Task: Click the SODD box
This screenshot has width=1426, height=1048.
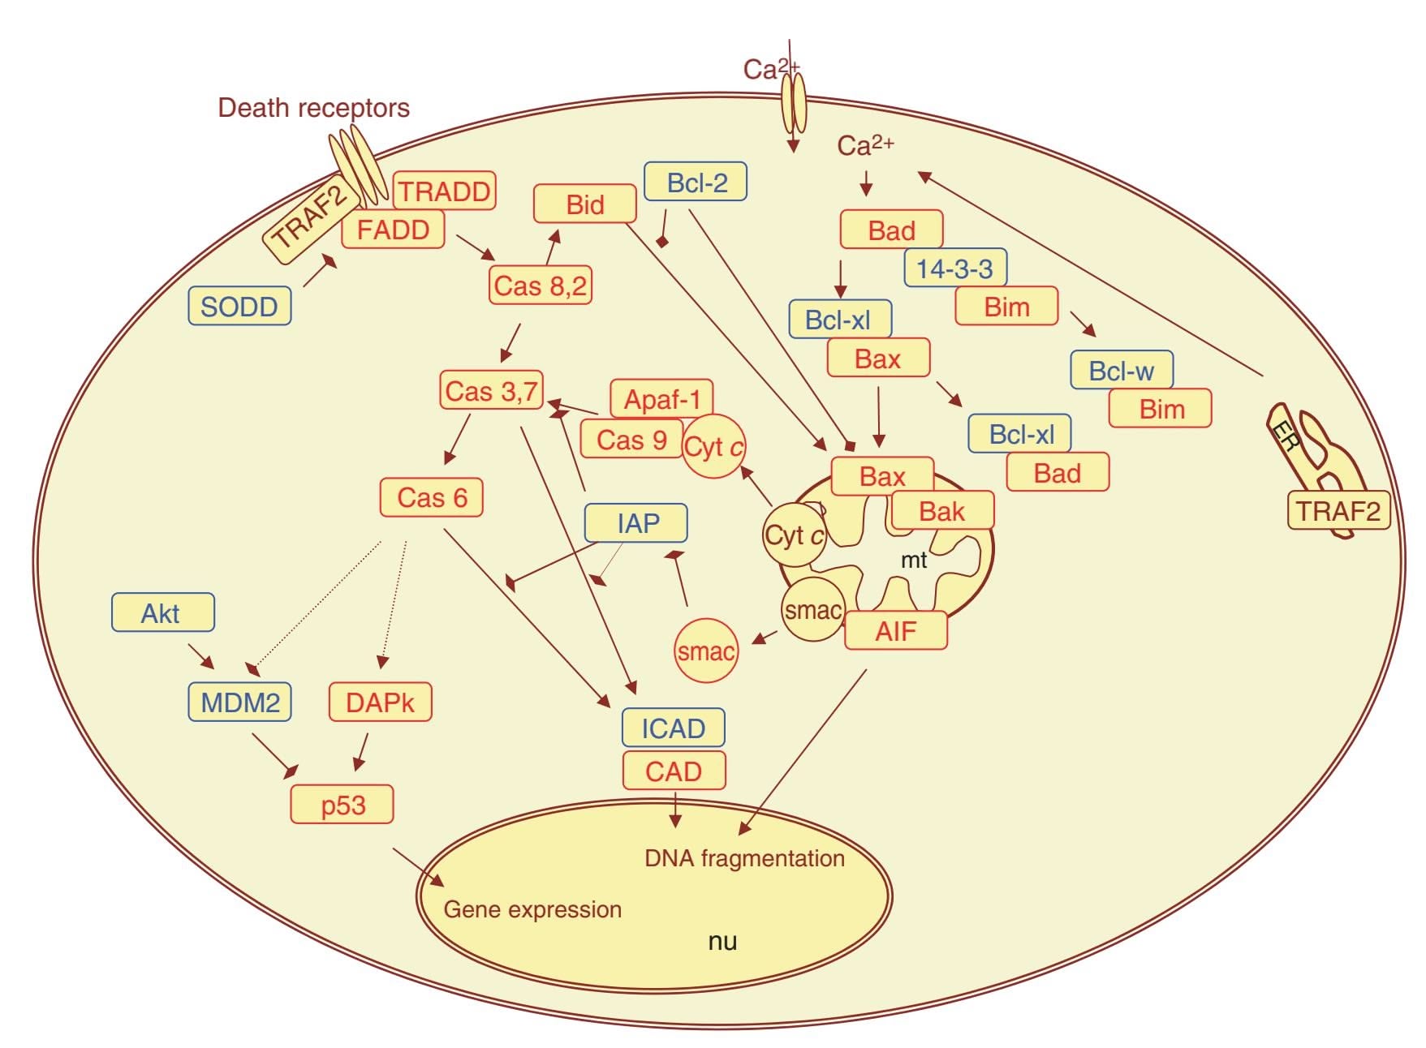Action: (239, 306)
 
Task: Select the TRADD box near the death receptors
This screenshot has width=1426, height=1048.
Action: (444, 191)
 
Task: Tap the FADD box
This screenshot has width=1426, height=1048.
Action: (393, 230)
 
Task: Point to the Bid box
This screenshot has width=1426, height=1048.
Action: (584, 204)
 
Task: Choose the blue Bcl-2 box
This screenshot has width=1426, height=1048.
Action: (696, 182)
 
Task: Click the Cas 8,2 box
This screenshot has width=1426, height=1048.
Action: (541, 286)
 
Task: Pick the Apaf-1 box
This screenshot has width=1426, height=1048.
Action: (661, 398)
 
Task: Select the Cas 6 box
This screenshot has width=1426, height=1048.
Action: (432, 497)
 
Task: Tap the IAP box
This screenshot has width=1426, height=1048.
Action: (636, 523)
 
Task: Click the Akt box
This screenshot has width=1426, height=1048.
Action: (162, 612)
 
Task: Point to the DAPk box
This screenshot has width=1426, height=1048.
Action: (380, 702)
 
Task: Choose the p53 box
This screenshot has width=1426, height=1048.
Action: (342, 805)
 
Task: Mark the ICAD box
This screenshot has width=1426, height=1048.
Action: (673, 728)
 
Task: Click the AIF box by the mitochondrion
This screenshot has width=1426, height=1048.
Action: (896, 631)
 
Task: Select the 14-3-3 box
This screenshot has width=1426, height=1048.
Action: (955, 268)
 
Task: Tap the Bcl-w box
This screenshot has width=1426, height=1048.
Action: (1122, 371)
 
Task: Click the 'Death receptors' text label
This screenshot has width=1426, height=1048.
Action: (313, 108)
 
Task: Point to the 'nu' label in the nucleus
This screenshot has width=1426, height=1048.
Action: (722, 941)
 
